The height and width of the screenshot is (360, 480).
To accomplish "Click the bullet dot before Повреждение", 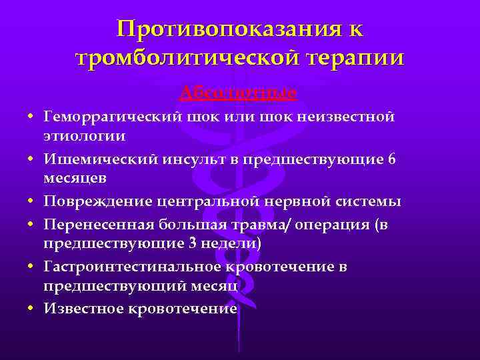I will tap(31, 202).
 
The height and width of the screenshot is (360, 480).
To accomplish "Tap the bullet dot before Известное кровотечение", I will tap(31, 309).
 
